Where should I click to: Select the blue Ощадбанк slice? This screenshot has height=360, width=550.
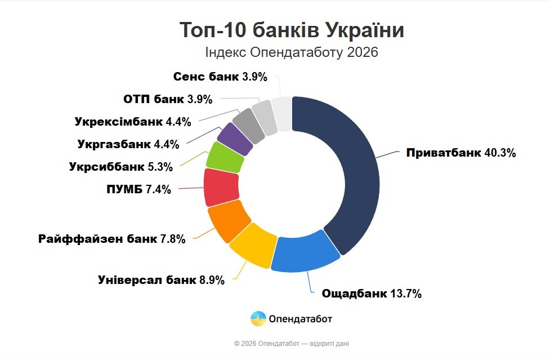[x=307, y=254]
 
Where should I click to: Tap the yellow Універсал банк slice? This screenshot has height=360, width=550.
[x=254, y=245]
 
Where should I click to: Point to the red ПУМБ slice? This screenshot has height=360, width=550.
[x=221, y=188]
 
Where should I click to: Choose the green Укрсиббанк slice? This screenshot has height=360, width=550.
[x=225, y=157]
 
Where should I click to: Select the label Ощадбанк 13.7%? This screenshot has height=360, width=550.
[x=371, y=294]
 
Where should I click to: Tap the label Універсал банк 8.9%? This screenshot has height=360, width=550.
[x=161, y=280]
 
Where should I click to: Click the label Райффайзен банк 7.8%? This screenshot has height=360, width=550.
[x=111, y=239]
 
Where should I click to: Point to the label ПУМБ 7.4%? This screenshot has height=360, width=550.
[x=138, y=190]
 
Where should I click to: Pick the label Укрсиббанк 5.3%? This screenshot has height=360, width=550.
[x=120, y=167]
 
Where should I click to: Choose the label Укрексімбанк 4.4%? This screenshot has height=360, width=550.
[x=132, y=122]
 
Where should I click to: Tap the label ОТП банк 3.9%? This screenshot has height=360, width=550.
[x=167, y=100]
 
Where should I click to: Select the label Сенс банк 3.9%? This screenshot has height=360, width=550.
[x=220, y=77]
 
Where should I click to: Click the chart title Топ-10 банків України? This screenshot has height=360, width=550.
[x=292, y=30]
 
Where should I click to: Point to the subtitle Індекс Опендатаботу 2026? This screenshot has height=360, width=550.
[x=292, y=53]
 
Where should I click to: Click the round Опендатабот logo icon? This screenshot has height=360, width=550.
[x=258, y=319]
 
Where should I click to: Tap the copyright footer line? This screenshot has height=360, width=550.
[x=292, y=343]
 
